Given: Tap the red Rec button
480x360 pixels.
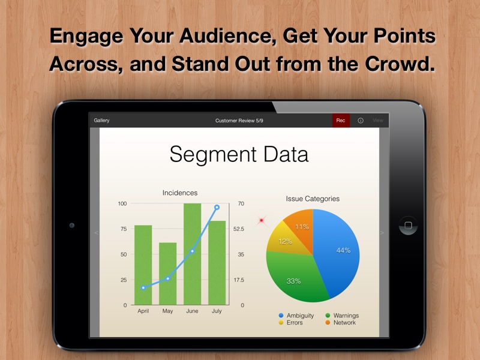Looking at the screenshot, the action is pos(341,121).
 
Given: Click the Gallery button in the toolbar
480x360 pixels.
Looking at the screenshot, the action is pos(101,121).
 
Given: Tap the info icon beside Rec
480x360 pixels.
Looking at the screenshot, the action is pos(361,121).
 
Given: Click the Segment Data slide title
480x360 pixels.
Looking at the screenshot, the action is pos(239,154).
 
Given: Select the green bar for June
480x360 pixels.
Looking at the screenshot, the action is pos(192,254).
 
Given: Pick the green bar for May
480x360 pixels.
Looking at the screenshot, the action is pos(168,274).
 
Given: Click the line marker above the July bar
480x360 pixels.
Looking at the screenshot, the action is pos(217,207).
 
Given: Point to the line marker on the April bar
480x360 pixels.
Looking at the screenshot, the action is pos(143,288).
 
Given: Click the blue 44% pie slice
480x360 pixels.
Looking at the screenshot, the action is pos(338,251).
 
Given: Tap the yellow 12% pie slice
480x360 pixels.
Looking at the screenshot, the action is pos(284,241).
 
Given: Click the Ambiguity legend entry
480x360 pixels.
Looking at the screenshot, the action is pos(296,316).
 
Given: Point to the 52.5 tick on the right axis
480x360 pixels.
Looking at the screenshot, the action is pos(238,229).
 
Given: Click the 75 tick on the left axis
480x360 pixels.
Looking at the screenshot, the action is pos(124,229).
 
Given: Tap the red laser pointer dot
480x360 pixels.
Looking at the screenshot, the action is pos(261,220).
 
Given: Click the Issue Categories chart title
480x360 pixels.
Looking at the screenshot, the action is pos(313,199).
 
